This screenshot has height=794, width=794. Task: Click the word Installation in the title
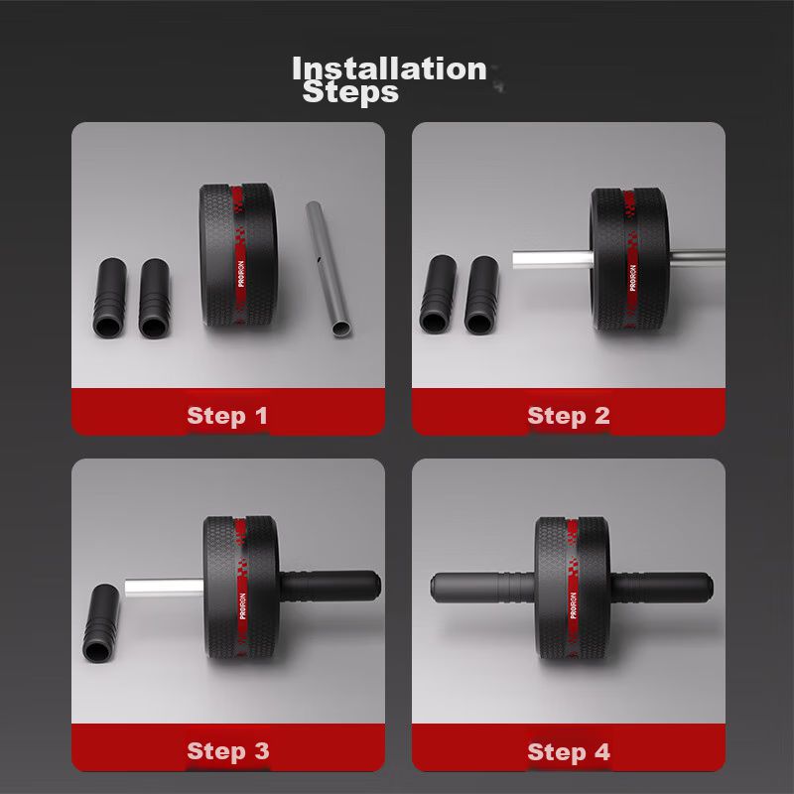click(x=389, y=68)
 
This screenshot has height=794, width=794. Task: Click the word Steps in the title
click(x=350, y=92)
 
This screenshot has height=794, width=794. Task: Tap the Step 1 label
click(x=227, y=416)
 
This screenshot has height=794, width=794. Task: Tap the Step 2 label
click(x=568, y=416)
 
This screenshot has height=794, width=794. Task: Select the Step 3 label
click(x=228, y=751)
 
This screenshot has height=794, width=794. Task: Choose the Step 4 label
click(x=569, y=752)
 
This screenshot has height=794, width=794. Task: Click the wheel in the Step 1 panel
click(x=238, y=256)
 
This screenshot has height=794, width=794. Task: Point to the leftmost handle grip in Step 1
click(x=109, y=298)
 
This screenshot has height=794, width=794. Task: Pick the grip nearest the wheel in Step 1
click(x=155, y=299)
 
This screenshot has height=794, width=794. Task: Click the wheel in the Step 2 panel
click(x=629, y=260)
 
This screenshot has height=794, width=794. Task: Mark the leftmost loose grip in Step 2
click(x=438, y=294)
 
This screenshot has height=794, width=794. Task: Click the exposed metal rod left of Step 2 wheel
click(x=552, y=260)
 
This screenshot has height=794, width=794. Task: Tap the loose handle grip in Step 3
click(x=102, y=623)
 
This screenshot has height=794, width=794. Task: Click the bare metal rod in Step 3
click(x=165, y=588)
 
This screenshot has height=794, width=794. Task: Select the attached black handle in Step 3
click(x=330, y=586)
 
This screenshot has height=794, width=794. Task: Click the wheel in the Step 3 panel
click(x=241, y=589)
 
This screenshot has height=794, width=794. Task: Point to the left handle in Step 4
click(x=483, y=588)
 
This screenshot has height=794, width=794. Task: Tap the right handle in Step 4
click(x=661, y=588)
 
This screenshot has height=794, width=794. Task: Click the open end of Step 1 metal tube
click(x=341, y=329)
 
